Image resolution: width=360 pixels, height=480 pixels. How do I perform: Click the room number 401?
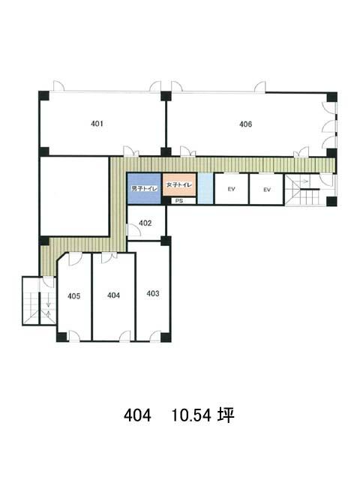pos(97,124)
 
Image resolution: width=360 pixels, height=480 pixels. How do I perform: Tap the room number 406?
pos(245,124)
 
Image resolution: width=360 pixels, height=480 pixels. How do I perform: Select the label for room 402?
pos(145,223)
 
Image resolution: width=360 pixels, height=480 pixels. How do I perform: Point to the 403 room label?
pos(153,293)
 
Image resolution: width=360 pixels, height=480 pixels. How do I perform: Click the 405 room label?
pos(73,296)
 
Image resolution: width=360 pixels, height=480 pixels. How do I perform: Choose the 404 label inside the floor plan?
pos(113,295)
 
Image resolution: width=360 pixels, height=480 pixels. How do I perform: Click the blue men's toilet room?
pos(144,188)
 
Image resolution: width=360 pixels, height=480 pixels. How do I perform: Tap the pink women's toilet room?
pos(179,185)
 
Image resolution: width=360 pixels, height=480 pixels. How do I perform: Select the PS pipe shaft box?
pos(180,201)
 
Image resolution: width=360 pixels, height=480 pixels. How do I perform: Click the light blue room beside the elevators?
pos(205,188)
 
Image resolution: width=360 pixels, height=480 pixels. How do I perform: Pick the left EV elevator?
pos(232,189)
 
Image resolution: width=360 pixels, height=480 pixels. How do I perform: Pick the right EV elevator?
pos(267,190)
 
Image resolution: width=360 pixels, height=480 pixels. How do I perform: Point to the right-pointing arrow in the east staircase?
pos(304,181)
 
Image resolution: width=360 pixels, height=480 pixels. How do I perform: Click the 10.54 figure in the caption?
pos(191,415)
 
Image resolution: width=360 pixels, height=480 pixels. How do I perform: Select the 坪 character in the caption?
pos(226,415)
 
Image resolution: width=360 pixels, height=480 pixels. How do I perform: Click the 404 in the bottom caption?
pos(137,415)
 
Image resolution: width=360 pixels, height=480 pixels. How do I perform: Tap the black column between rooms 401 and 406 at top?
pos(166,96)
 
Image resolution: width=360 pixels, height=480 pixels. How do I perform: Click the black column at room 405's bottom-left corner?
pos(61,337)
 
